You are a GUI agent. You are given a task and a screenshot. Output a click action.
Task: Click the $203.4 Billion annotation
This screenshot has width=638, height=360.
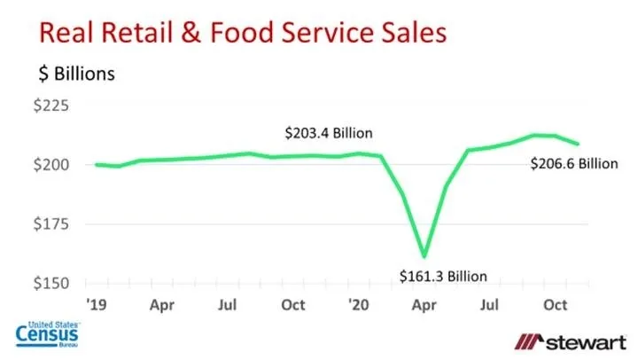[328, 133]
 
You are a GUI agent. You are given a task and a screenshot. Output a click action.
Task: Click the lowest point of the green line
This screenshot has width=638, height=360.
[424, 255]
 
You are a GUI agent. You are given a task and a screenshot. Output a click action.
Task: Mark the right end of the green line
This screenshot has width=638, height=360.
[580, 144]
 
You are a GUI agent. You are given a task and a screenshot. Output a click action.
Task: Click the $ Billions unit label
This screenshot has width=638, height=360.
[76, 74]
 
